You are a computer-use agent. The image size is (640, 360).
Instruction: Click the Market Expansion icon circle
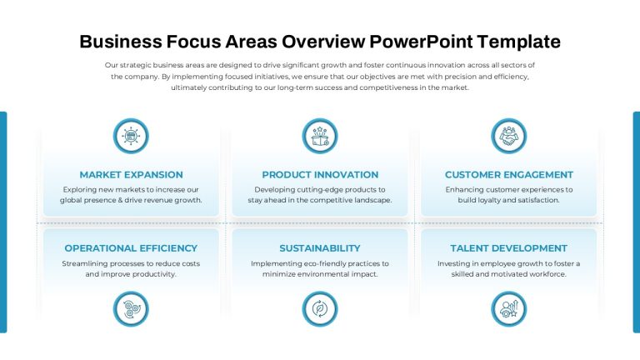click(131, 136)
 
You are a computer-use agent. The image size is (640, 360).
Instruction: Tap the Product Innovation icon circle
click(320, 136)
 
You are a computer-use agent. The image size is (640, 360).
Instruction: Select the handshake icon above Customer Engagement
click(509, 136)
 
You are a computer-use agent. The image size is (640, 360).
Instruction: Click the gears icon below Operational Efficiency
click(131, 309)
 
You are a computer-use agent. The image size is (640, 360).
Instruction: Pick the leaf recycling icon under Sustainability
click(320, 309)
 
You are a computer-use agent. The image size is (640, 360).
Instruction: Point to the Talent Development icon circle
click(509, 309)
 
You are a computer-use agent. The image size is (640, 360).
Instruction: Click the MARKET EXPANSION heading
click(131, 175)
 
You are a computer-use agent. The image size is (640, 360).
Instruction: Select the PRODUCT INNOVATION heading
click(320, 175)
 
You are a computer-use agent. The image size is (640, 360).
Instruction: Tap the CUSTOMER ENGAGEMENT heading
click(509, 175)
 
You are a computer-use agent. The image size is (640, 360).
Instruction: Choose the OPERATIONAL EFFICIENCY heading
click(131, 248)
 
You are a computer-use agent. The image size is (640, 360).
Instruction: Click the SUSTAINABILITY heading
click(320, 248)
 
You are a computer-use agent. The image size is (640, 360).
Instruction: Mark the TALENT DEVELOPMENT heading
click(509, 248)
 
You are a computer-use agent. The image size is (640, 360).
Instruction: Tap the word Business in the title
click(121, 42)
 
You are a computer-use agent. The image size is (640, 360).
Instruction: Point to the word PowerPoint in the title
click(421, 42)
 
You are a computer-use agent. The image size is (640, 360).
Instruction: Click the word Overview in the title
click(323, 42)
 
